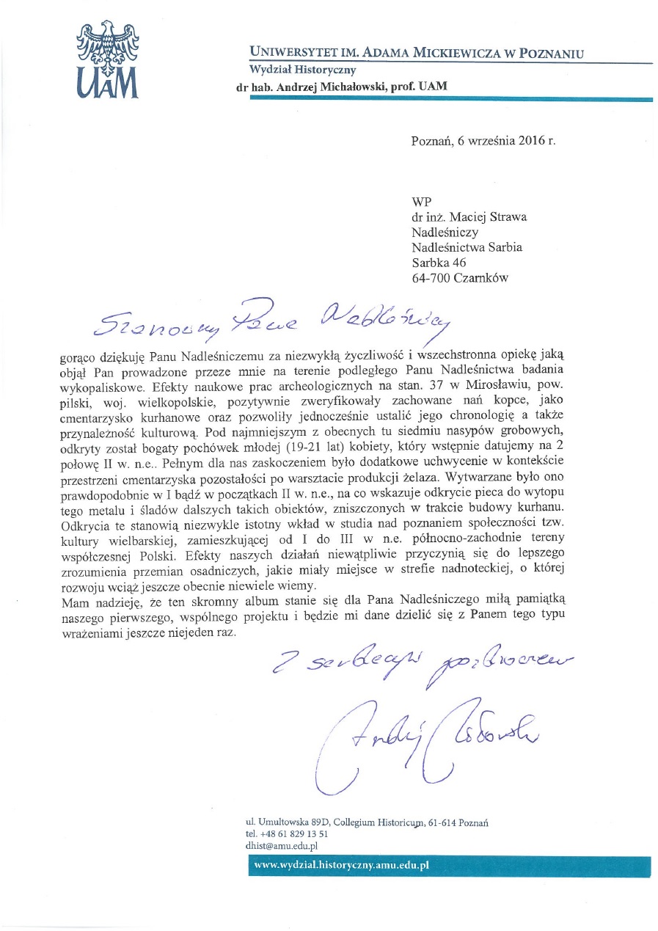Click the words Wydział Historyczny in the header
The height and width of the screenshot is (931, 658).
click(302, 70)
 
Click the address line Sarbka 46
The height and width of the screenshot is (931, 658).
click(439, 262)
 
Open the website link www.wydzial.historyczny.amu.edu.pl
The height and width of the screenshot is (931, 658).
click(340, 865)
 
